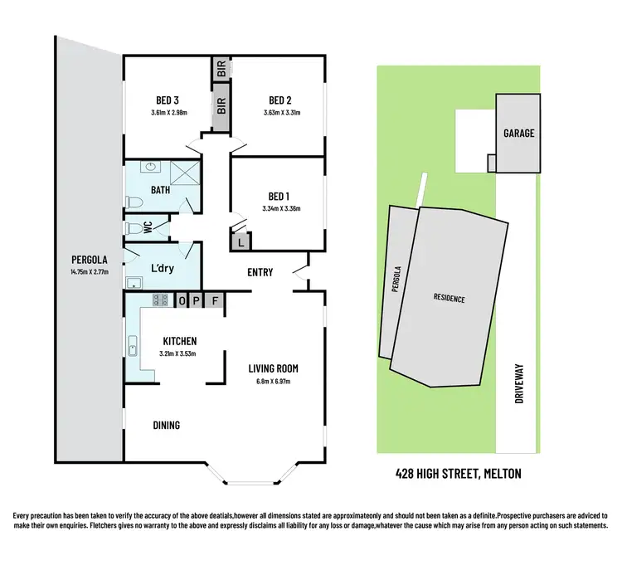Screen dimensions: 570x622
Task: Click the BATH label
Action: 160,191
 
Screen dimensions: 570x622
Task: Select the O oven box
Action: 183,300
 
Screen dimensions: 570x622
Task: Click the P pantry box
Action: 199,300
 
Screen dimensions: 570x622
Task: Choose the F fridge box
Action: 216,300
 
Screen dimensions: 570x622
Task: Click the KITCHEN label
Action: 178,341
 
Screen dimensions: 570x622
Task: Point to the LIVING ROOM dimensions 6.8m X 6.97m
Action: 273,382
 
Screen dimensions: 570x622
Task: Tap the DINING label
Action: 166,425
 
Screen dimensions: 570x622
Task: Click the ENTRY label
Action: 261,272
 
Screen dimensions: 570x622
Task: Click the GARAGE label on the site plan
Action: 518,133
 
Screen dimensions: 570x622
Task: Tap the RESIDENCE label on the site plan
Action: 448,298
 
